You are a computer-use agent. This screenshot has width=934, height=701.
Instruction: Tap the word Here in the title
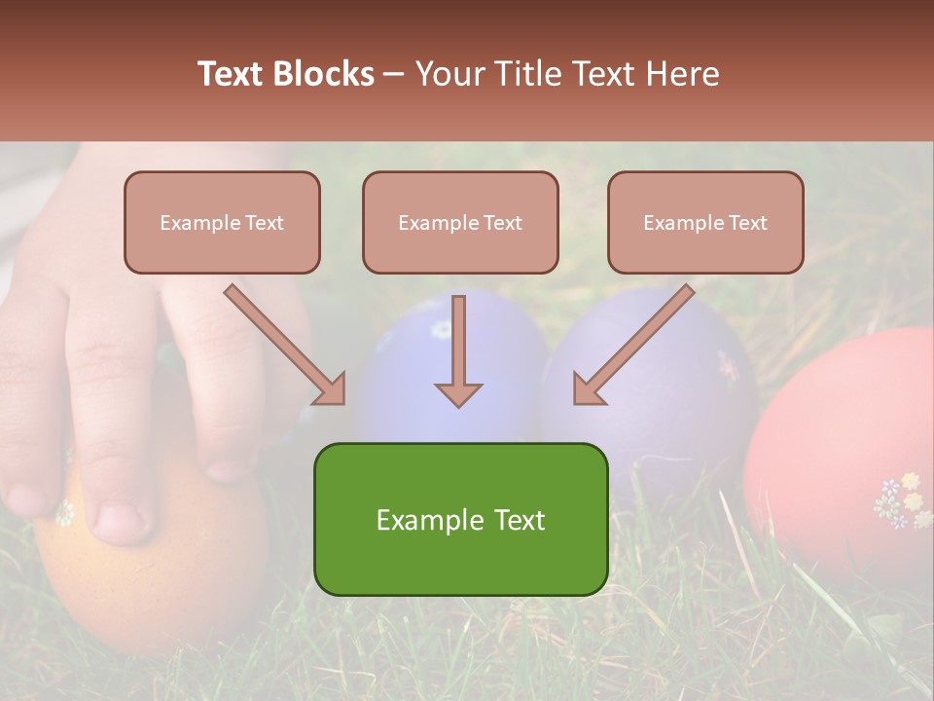tap(680, 74)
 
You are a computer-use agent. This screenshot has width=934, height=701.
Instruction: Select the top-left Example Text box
tap(222, 222)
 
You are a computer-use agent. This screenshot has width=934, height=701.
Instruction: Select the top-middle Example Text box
tap(460, 222)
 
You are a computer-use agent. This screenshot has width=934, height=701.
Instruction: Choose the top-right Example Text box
tap(705, 222)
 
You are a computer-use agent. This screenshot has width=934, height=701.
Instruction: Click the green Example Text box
tap(460, 519)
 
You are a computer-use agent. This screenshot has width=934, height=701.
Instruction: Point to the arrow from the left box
tap(284, 344)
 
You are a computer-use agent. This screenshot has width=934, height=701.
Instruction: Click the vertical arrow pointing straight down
tap(458, 350)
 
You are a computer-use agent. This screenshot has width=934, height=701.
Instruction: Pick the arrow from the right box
tap(633, 344)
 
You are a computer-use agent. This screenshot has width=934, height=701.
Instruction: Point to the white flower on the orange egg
tap(64, 512)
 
